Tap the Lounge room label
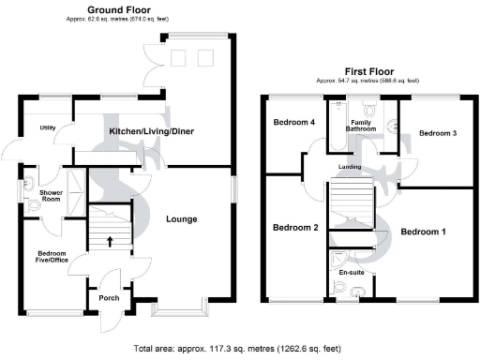tap(181, 219)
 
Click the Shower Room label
tap(51, 195)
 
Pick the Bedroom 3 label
tap(437, 134)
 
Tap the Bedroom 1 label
tap(424, 231)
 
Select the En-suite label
tap(351, 272)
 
